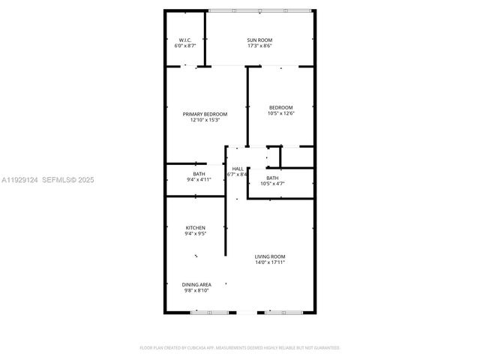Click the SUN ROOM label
(x=259, y=40)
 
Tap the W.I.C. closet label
(x=184, y=40)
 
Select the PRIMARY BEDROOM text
(x=205, y=114)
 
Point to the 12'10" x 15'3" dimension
(x=205, y=121)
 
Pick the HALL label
(x=237, y=169)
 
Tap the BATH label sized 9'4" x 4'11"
(x=199, y=174)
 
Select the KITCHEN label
(x=196, y=227)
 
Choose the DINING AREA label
(x=196, y=284)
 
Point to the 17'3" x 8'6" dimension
(x=259, y=46)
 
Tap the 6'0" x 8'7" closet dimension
(x=184, y=46)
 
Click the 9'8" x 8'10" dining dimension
(x=196, y=290)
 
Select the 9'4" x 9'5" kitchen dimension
(x=196, y=233)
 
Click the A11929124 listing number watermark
(x=18, y=180)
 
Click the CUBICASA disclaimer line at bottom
(x=240, y=348)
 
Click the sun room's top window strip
(x=259, y=10)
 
